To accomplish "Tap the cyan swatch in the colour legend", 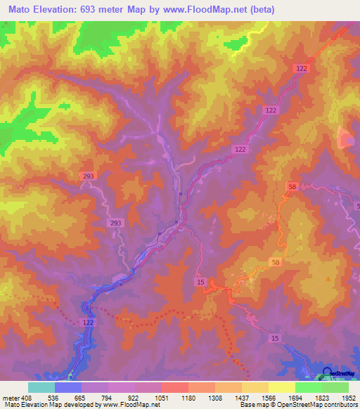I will pyautogui.click(x=41, y=387).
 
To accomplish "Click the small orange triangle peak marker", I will pyautogui.click(x=328, y=279).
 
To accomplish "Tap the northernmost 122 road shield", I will pyautogui.click(x=301, y=67).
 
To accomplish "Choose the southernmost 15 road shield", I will pyautogui.click(x=275, y=339).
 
